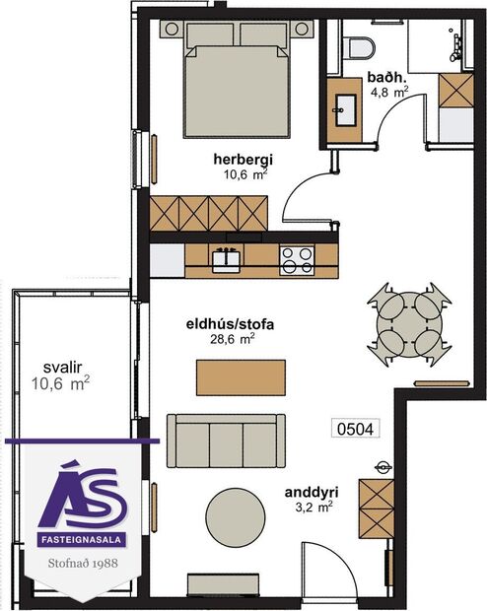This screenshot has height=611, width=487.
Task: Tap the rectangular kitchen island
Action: click(x=242, y=375)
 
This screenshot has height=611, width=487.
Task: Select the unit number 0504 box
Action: click(x=357, y=429)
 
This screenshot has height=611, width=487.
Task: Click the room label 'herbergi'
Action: click(x=242, y=159)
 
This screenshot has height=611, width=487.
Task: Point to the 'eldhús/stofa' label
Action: click(x=229, y=322)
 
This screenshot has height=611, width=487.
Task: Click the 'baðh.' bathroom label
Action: click(x=383, y=78)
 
